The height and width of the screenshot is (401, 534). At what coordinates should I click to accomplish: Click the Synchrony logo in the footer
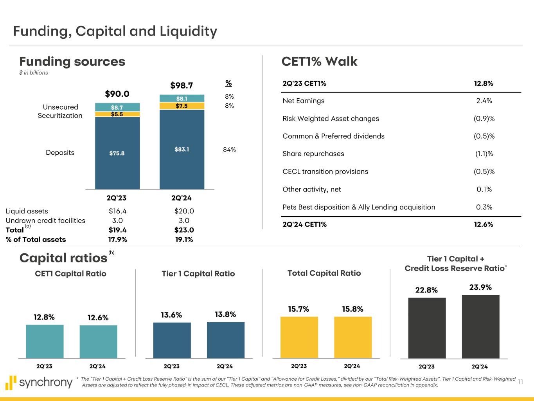coord(39,382)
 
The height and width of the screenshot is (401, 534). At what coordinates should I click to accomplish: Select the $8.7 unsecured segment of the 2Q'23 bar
coord(117,107)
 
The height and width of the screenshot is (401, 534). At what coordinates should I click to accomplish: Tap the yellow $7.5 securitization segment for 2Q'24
coord(182,106)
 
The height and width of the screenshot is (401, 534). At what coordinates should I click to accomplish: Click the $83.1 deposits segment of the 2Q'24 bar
coord(182,149)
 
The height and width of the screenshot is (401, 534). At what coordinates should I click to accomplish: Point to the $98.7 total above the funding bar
coord(182,85)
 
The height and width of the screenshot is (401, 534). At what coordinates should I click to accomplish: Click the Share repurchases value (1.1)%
coord(484,154)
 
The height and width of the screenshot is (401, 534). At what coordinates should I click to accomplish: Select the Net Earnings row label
coord(304,101)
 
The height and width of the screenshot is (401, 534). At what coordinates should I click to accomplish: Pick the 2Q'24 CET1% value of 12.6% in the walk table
coord(484,224)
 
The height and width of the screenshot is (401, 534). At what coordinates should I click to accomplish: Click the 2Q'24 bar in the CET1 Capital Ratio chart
coord(98,341)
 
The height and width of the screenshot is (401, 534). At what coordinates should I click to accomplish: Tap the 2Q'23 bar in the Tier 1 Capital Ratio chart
coord(172,340)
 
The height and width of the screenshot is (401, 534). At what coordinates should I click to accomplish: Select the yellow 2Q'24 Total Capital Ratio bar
coord(353,337)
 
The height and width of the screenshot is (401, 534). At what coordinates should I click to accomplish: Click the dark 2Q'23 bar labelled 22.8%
coord(427,328)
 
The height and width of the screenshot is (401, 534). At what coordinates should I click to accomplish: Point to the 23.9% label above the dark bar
coord(480,287)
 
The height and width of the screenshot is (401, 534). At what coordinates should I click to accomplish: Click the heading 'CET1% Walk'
coord(319,61)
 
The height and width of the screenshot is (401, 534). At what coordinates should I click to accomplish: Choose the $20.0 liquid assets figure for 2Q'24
coord(184,211)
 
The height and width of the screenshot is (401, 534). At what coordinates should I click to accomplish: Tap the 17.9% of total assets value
coord(117,239)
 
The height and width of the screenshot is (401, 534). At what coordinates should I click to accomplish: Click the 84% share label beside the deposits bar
coord(230,150)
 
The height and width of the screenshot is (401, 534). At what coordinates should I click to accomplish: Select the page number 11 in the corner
coord(520,382)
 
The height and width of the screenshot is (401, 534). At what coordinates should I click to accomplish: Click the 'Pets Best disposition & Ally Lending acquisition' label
coord(359,207)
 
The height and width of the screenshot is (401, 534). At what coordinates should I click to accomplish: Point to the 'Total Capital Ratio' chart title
coord(324,273)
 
